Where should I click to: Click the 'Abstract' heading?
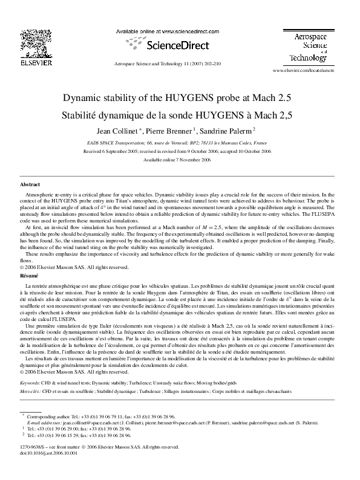point(30,184)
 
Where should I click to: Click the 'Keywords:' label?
point(31,383)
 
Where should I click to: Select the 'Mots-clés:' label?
point(30,391)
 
